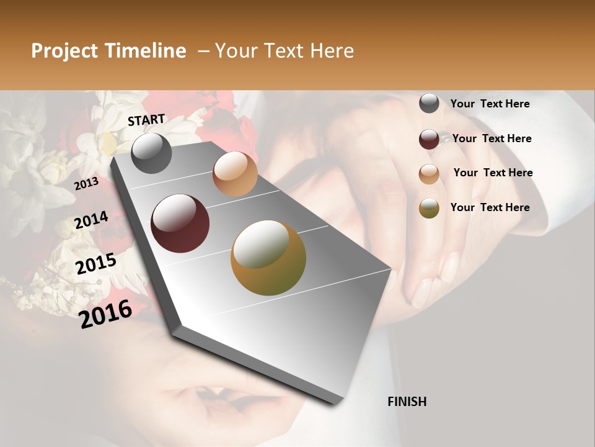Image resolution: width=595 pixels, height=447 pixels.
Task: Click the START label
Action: coord(146,120)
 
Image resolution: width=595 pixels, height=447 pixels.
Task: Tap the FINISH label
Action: coord(407,402)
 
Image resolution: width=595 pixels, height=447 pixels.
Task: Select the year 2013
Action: coord(86,183)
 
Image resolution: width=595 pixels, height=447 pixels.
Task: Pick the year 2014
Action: coord(91,220)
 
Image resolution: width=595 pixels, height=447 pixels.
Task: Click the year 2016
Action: coord(105,314)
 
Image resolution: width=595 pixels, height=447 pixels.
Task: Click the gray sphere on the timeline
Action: coord(151,153)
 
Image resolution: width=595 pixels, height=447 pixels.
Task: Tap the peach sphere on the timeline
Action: coord(235,174)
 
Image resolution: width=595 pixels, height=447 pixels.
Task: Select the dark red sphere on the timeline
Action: coord(180,223)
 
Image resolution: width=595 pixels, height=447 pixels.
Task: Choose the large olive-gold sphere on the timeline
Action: coord(268,258)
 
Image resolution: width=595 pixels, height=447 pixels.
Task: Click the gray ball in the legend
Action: coord(429,104)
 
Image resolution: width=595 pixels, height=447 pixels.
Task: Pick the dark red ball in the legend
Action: coord(429,139)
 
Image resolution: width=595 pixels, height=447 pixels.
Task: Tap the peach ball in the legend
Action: coord(429,174)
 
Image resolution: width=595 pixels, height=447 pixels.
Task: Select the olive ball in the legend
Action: coord(429,208)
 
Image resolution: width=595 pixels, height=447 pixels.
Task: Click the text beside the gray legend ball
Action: coord(490,104)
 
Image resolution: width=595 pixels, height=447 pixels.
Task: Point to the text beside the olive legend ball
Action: coord(490,207)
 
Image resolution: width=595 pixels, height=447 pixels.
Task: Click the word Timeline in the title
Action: coord(144,51)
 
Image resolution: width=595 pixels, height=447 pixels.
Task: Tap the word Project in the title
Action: coord(64,51)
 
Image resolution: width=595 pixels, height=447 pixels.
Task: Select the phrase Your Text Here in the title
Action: coord(284,51)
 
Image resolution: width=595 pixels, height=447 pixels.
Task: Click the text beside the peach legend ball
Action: coord(493,173)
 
